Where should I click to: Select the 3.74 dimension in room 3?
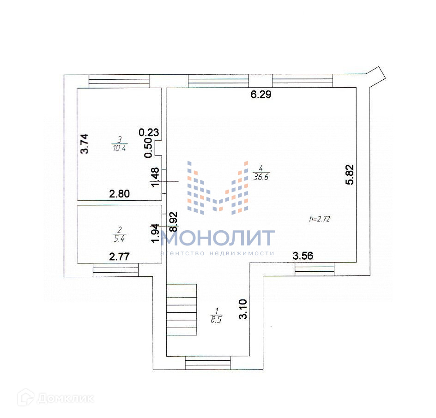pos(85,144)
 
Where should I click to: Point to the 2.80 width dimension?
pos(119,194)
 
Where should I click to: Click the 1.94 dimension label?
pos(156,233)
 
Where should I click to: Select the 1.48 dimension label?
pos(156,177)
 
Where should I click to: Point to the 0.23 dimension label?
pos(149,132)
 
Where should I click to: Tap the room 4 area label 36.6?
pos(261,175)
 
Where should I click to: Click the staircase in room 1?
pos(182,310)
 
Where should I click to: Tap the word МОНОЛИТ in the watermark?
pos(218,238)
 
